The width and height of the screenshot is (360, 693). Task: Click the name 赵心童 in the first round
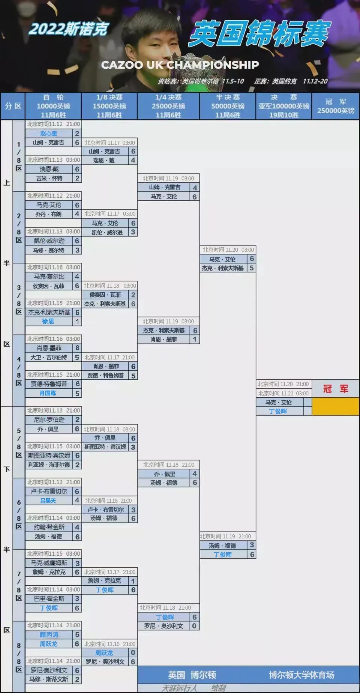coord(49,134)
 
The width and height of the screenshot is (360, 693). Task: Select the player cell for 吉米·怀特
coord(49,179)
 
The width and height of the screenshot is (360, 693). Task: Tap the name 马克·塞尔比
coord(49,277)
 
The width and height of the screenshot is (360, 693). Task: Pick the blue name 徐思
coord(48,322)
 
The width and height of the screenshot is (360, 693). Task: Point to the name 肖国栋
coord(48,393)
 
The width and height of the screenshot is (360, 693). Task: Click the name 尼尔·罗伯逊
coord(49,420)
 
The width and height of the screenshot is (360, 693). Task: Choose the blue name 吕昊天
coord(48,501)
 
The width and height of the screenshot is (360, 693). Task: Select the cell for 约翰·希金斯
coord(49,527)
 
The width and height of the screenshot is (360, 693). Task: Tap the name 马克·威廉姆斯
coord(49,563)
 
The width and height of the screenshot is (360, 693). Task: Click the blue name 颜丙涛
coord(49,635)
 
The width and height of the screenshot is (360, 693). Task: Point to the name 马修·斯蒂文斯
coord(49,679)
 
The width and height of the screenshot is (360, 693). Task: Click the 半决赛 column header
coord(228,106)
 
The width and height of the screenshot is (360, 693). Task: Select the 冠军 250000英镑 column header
coord(335,106)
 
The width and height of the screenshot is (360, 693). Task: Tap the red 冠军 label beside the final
coord(335,389)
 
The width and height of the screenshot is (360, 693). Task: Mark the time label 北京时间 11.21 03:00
coord(283,393)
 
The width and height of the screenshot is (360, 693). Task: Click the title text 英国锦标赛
coord(259,34)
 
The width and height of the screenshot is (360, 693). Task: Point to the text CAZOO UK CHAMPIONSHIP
coord(180,65)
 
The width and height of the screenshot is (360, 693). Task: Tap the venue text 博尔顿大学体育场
coord(301,675)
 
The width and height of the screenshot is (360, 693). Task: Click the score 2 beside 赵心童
coord(77,134)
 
